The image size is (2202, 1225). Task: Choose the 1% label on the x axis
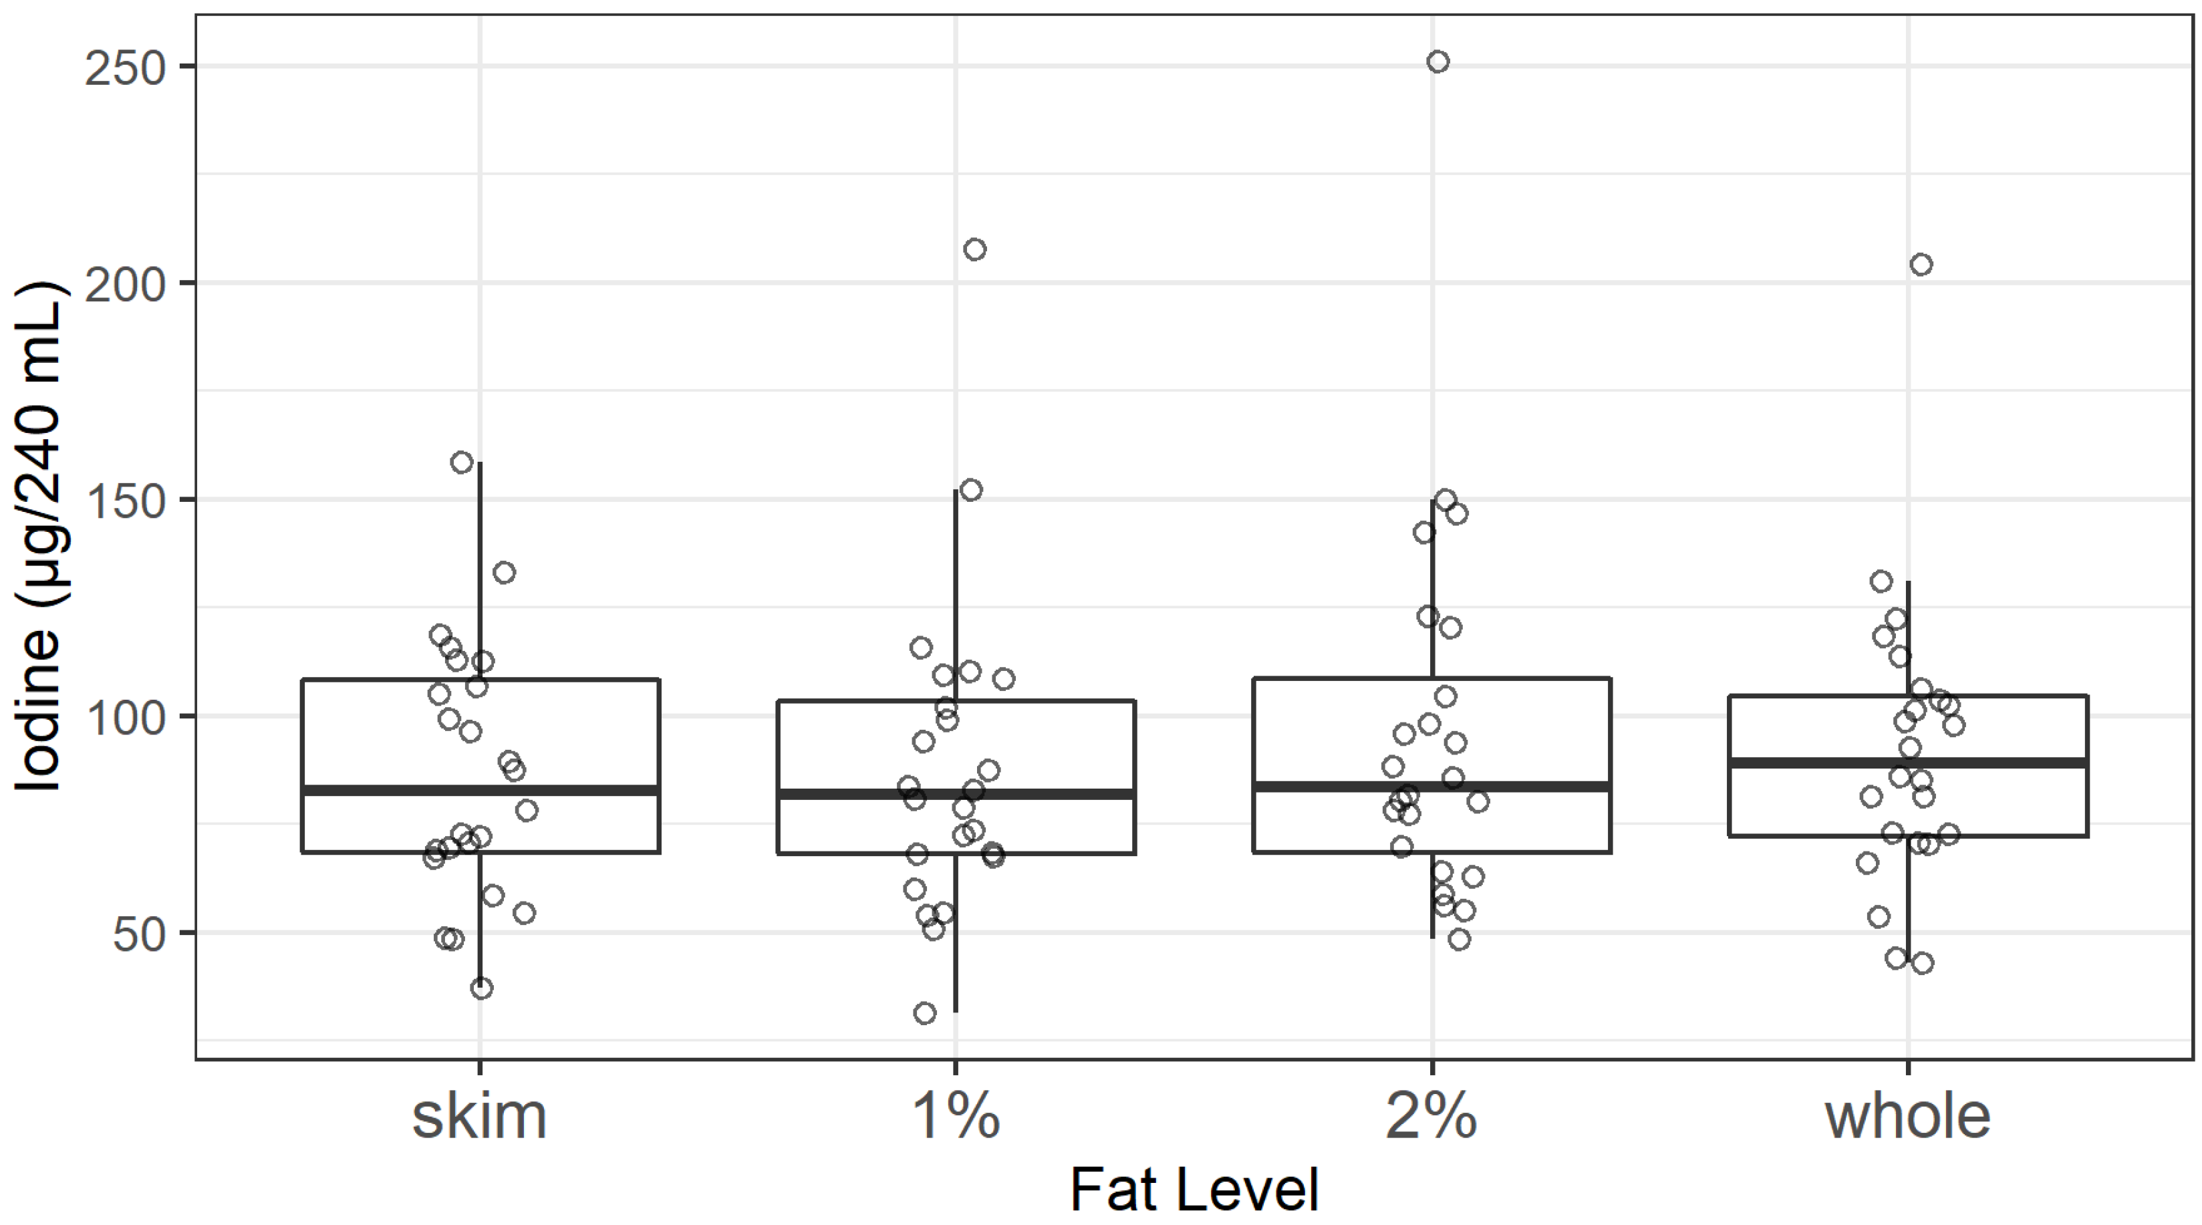pos(956,1117)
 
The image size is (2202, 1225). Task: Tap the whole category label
pos(1908,1117)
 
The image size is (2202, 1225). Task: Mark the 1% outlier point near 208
pos(974,250)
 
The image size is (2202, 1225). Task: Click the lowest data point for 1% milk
pos(924,1014)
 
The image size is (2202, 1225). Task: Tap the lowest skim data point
pos(481,988)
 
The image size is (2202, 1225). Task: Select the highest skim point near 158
pos(462,462)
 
